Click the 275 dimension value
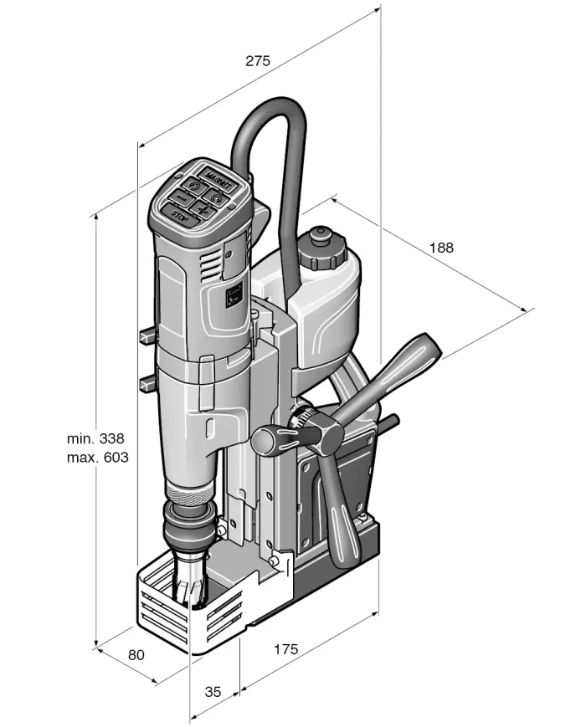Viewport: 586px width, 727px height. pos(257,60)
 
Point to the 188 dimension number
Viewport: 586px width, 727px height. pos(441,248)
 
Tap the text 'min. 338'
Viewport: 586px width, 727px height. pos(96,438)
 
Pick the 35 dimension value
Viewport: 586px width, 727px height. pos(213,691)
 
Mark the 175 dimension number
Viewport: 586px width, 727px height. pos(286,649)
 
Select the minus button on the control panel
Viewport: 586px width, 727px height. pos(182,197)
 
